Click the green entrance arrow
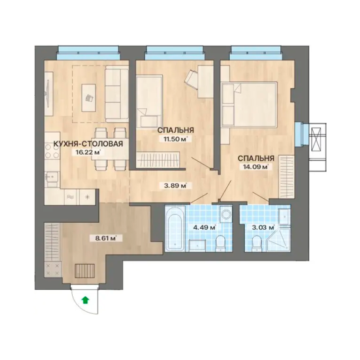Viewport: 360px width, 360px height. (85, 300)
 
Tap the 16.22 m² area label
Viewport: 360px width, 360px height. (87, 152)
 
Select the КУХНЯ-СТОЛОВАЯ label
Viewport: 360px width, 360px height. (88, 144)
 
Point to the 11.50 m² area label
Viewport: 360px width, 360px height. (174, 139)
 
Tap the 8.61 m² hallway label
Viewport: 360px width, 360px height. (105, 238)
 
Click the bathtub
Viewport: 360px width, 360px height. (175, 232)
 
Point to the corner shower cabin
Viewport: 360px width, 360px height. (278, 240)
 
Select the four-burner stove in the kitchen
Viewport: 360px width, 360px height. (52, 151)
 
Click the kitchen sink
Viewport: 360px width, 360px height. (52, 177)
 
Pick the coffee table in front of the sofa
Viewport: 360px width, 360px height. (89, 98)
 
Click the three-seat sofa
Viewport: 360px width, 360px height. (116, 94)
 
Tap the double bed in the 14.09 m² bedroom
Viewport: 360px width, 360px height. (249, 104)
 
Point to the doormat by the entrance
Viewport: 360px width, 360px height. (85, 271)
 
